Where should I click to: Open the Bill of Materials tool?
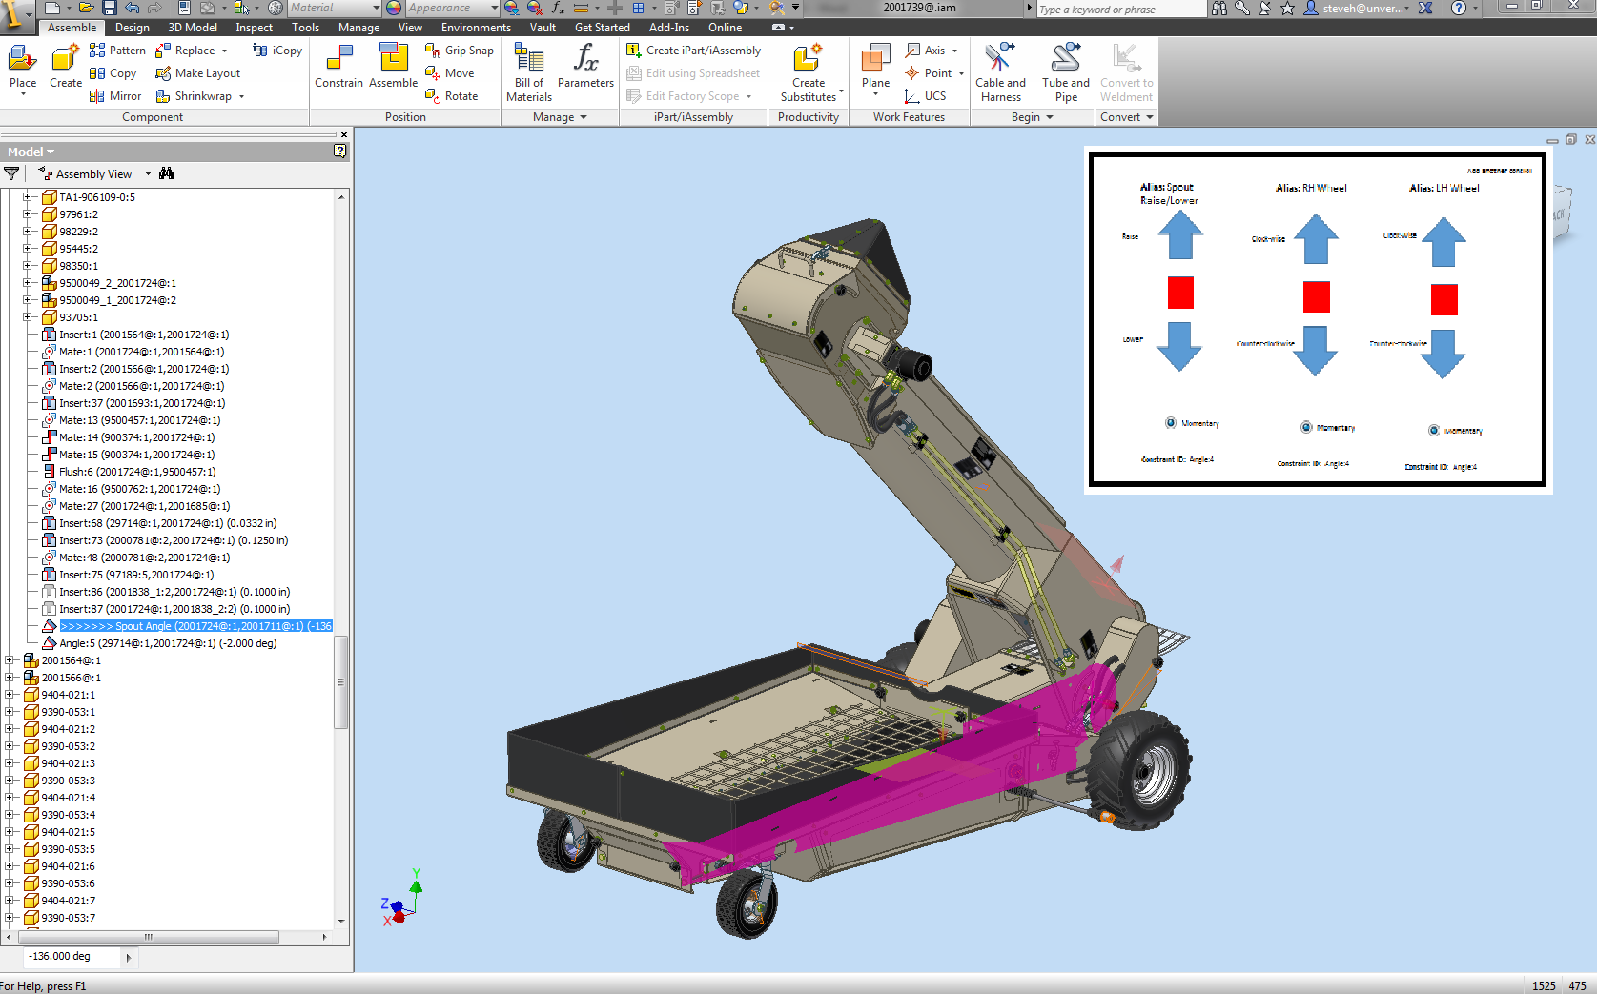click(528, 71)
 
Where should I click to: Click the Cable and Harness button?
click(1000, 71)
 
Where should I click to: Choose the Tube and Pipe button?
click(1065, 71)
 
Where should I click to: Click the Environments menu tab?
click(476, 28)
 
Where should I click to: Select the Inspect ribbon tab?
click(254, 28)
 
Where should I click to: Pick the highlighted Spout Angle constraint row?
click(195, 626)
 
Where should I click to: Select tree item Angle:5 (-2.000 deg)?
click(167, 643)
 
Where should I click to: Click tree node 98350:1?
click(78, 266)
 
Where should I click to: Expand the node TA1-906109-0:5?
click(28, 197)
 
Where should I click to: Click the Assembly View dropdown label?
click(93, 174)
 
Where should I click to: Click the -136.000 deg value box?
click(72, 956)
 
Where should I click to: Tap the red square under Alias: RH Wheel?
click(1316, 297)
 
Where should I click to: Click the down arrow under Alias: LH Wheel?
click(1443, 354)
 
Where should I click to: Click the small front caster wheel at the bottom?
click(747, 901)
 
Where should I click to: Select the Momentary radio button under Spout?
click(1171, 423)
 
